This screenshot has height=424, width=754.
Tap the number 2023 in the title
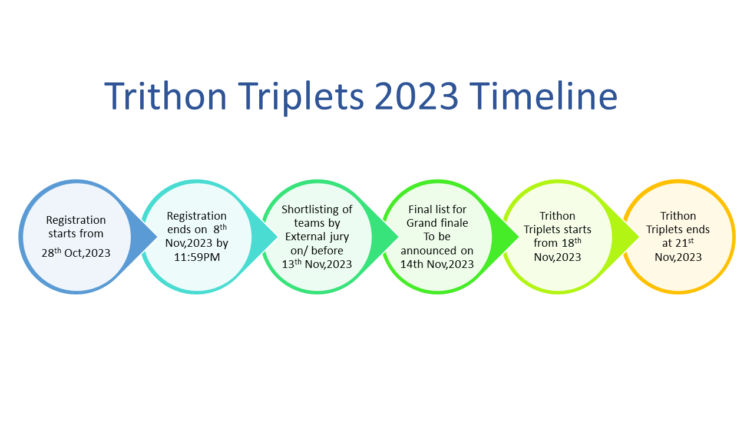[416, 95]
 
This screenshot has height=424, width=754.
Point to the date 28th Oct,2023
[76, 254]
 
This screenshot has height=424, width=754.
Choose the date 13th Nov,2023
[317, 264]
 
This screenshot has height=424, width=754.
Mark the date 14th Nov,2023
[437, 264]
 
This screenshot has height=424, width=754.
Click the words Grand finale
[437, 223]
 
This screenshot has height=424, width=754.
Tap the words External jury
[317, 237]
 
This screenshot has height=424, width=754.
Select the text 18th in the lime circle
[570, 242]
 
